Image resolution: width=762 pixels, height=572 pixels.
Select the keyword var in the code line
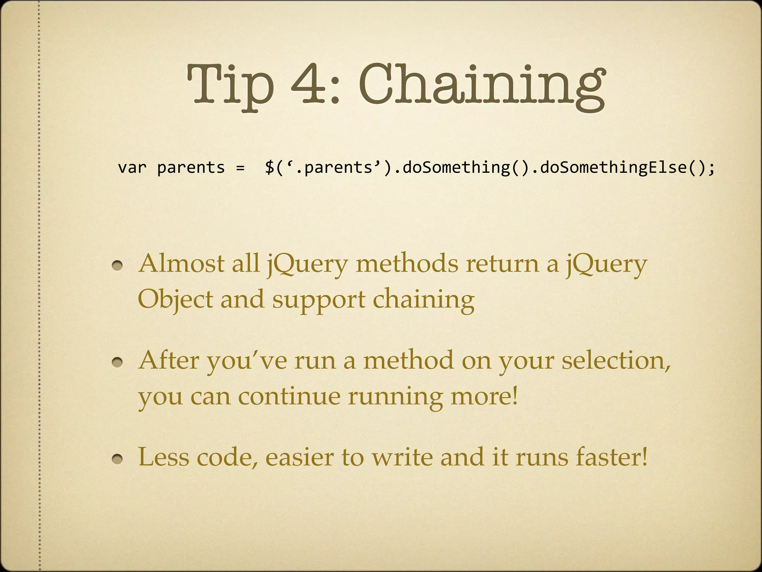click(x=132, y=168)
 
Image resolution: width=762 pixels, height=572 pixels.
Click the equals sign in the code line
click(x=240, y=168)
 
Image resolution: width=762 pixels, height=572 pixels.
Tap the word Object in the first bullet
click(x=175, y=299)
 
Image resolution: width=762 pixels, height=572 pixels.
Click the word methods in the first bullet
click(x=407, y=264)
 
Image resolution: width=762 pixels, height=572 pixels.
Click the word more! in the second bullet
click(x=484, y=396)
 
